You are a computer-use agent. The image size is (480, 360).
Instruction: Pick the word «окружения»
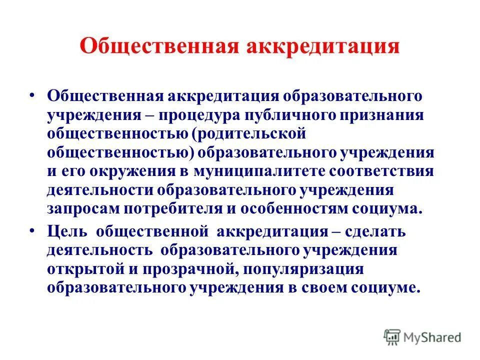131,171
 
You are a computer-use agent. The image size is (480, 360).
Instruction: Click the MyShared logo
422,337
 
